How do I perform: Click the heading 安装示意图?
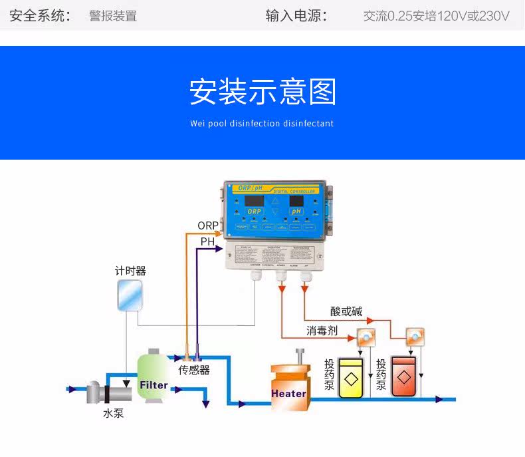coord(262,92)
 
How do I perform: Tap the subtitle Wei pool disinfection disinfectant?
coord(262,124)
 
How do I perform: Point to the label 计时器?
coord(130,271)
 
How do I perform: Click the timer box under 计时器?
coord(130,295)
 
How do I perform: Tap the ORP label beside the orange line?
coord(207,226)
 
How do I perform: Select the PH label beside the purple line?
coord(207,242)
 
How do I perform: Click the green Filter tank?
coord(154,378)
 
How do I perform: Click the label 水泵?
coord(113,413)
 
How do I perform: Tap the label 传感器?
coord(194,370)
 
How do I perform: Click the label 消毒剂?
coord(322,331)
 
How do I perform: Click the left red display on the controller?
coord(255,200)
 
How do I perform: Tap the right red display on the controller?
coord(296,200)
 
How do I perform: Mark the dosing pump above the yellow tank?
coord(365,337)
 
